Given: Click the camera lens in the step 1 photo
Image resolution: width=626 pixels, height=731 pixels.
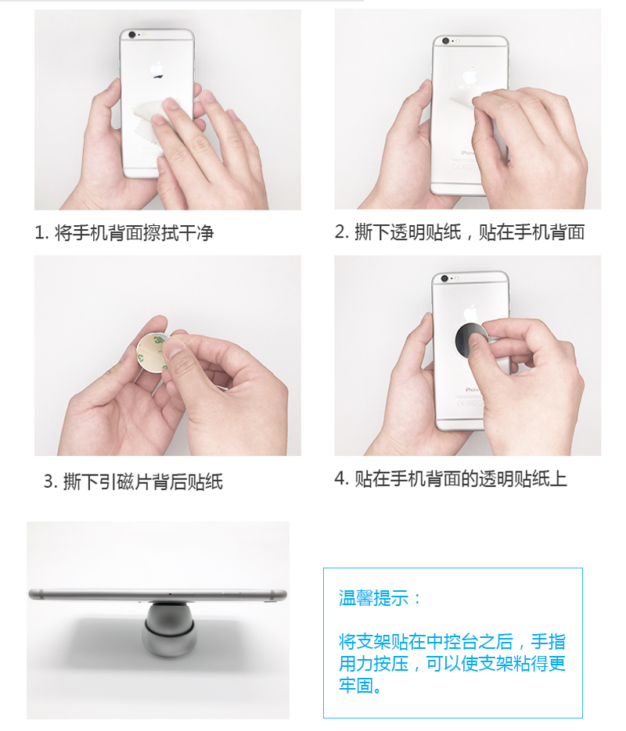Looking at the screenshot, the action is (x=132, y=35).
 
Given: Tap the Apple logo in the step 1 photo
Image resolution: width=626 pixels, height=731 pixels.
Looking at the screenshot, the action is (x=156, y=70).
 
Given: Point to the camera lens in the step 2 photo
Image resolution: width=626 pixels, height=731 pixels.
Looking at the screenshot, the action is (x=445, y=41).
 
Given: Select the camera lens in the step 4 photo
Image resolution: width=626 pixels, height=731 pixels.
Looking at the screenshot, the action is (x=444, y=279).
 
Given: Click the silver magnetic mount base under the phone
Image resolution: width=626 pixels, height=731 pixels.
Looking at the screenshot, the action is (x=169, y=629).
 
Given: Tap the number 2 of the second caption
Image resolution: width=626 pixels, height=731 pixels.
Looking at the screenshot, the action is (x=340, y=232).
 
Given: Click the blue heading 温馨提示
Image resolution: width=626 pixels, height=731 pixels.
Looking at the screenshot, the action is (x=374, y=598).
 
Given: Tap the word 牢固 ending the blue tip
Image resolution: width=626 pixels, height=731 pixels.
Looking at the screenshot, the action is (x=356, y=686).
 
